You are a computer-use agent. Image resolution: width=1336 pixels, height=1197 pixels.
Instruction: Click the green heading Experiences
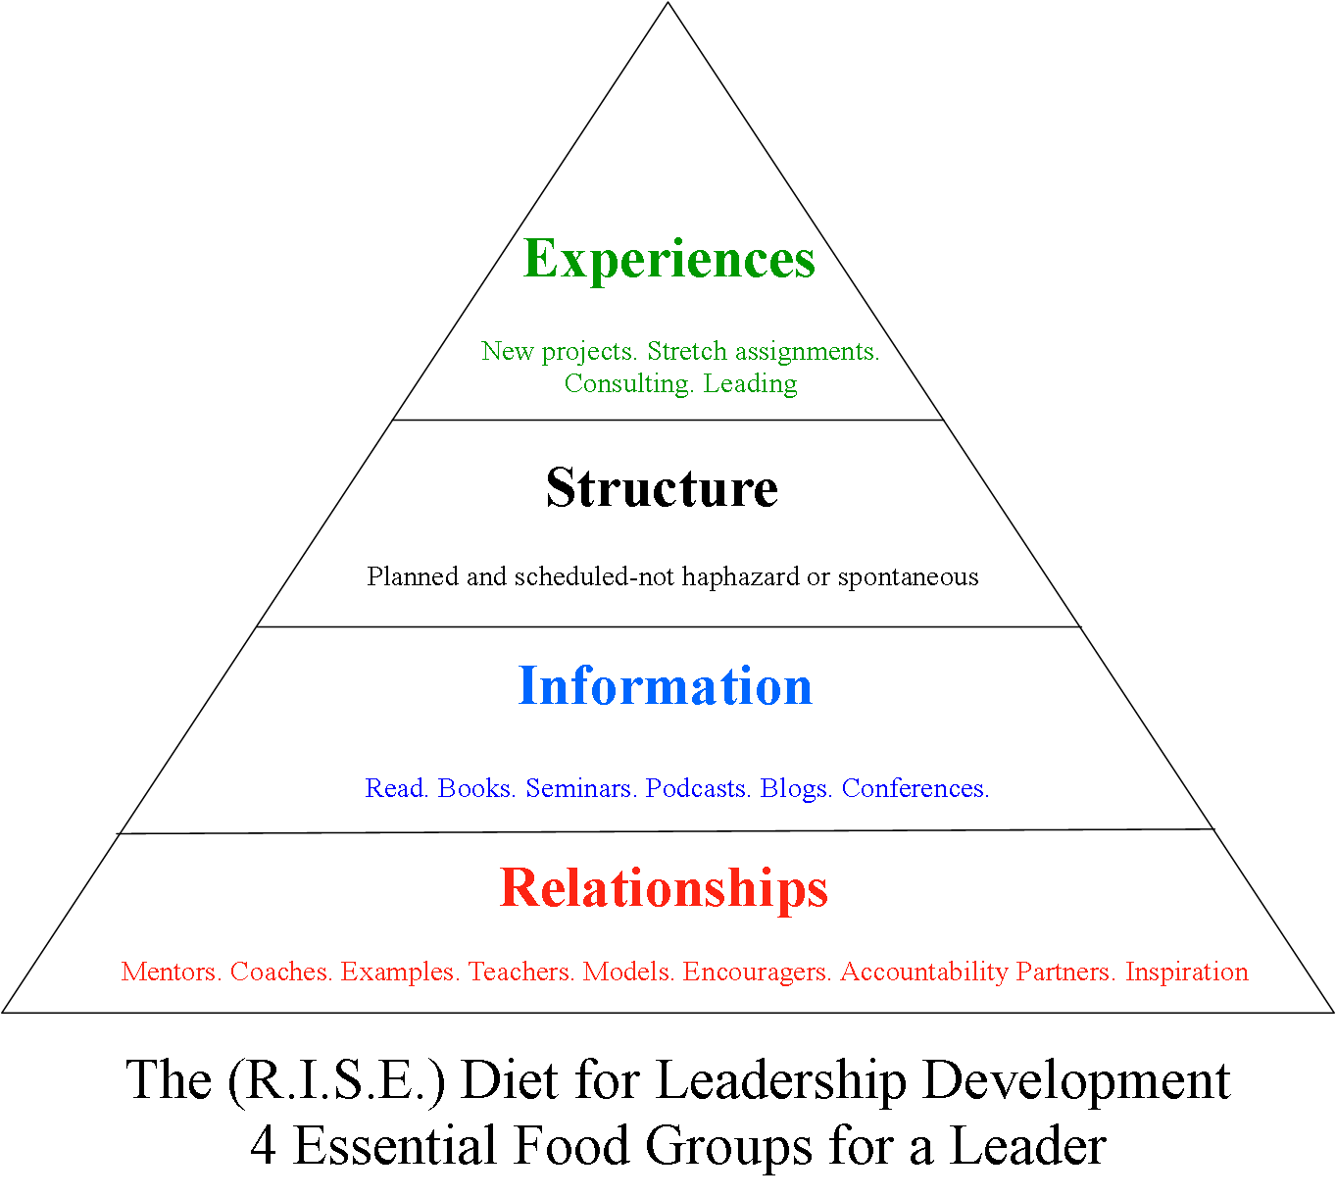point(669,260)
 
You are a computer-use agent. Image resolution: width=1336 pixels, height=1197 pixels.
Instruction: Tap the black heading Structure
point(662,487)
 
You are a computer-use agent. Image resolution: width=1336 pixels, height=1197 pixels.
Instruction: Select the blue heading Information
point(665,685)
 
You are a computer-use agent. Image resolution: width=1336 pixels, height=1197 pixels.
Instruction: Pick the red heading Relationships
point(664,888)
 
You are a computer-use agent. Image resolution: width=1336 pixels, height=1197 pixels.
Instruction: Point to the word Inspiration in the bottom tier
point(1186,972)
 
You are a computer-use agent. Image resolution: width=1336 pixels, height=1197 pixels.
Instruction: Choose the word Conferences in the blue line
point(915,788)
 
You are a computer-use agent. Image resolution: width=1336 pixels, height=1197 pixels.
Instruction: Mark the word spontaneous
point(908,577)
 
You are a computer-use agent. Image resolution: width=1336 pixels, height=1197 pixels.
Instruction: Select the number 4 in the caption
point(263,1146)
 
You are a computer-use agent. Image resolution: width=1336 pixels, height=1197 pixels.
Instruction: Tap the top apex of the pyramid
point(668,4)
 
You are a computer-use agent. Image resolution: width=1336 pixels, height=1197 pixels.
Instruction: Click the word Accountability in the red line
point(924,972)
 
